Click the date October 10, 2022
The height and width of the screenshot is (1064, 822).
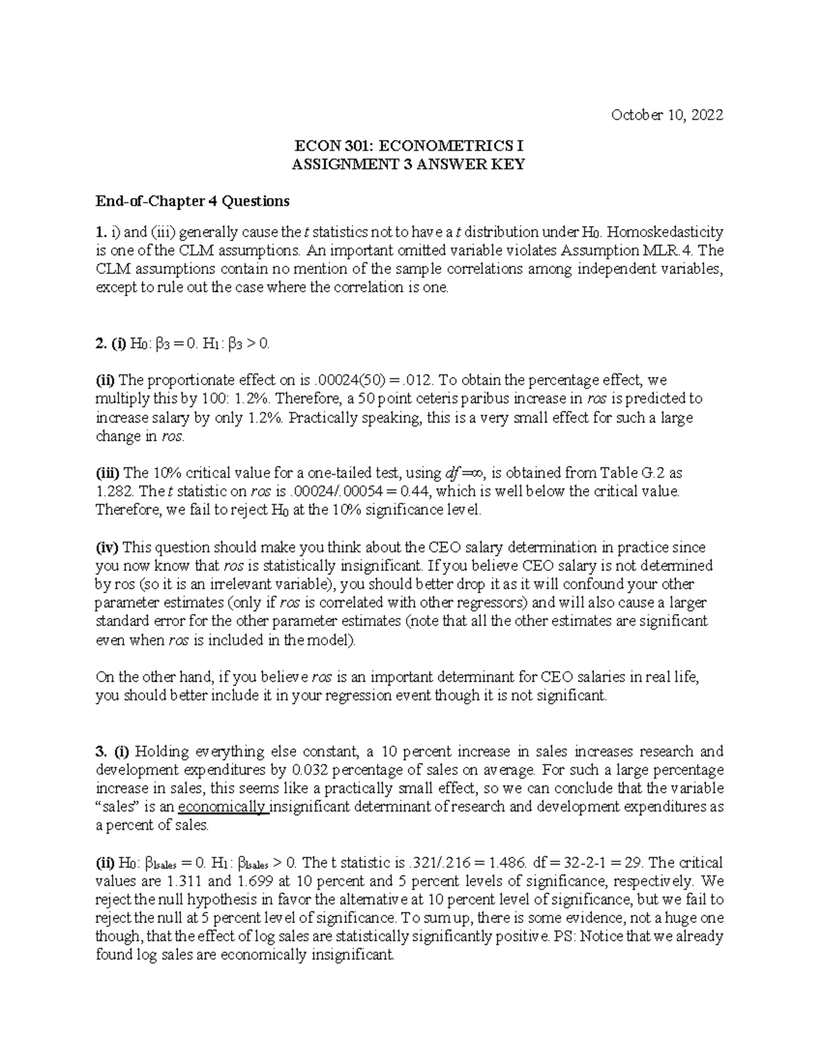click(667, 115)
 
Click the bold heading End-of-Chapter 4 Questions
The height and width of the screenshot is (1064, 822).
click(192, 201)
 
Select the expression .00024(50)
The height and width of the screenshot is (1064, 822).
click(352, 380)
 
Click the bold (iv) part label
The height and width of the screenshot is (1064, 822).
click(108, 547)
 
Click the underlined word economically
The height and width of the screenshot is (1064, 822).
click(222, 807)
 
